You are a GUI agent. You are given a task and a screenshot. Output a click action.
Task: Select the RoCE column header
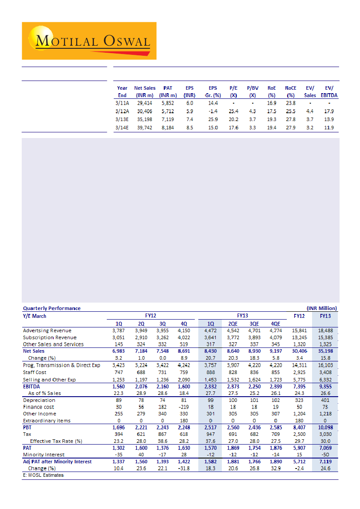click(x=291, y=91)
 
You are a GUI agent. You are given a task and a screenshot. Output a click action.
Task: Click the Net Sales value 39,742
click(x=145, y=128)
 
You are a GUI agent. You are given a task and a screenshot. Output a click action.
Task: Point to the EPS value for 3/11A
click(x=189, y=104)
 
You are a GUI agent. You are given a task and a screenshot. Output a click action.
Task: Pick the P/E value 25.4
click(x=233, y=111)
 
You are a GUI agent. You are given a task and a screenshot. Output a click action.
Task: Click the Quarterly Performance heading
click(x=52, y=308)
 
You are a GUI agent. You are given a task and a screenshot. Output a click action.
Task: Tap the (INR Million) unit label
click(x=322, y=308)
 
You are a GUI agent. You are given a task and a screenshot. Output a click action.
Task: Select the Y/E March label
click(x=34, y=316)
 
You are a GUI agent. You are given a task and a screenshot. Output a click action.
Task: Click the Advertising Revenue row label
click(x=47, y=330)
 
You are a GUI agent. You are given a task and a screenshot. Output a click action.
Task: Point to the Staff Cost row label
click(x=36, y=372)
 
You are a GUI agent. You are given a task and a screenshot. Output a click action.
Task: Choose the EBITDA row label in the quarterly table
click(x=32, y=386)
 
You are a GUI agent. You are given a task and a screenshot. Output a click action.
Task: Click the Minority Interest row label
click(x=44, y=455)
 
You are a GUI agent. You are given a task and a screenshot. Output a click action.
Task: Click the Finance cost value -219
click(x=184, y=407)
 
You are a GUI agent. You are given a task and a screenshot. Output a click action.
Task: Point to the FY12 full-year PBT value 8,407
click(x=300, y=428)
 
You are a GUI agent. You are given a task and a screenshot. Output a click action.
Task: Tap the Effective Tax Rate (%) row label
click(x=56, y=441)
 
